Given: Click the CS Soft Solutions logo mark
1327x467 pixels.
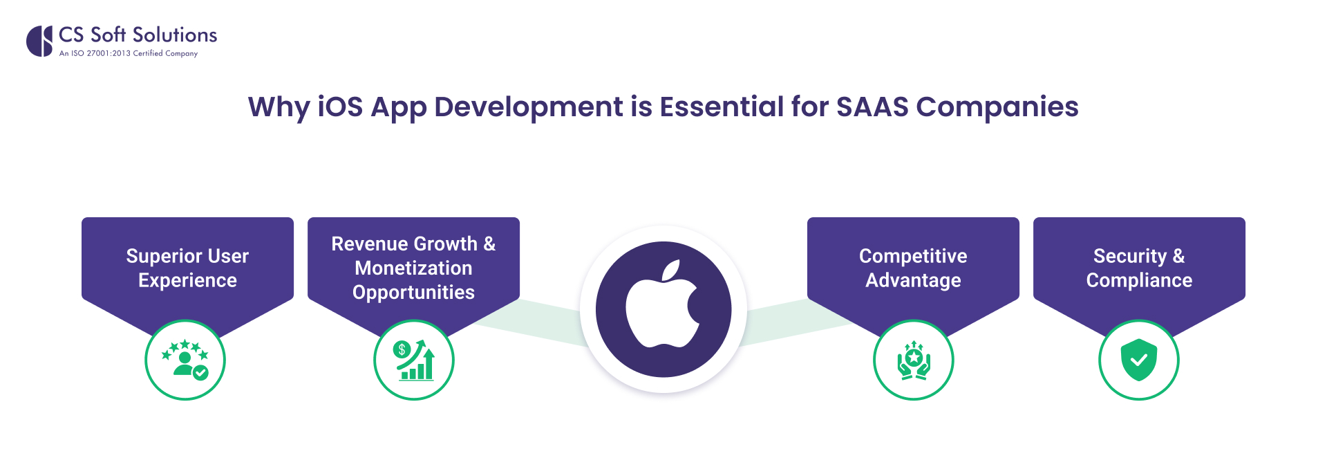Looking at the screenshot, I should (39, 42).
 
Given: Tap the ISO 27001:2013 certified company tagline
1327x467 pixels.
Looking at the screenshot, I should (129, 53).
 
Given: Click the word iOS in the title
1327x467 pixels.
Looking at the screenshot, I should (340, 107).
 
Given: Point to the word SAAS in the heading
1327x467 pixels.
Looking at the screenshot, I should (872, 107).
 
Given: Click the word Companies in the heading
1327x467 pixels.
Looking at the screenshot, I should (997, 107).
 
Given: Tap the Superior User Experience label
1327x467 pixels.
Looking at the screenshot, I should (187, 268).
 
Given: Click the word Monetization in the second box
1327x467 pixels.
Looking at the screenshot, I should (413, 268).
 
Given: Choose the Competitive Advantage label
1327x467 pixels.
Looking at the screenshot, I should (913, 268).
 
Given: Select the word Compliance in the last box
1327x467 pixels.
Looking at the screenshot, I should (1139, 280).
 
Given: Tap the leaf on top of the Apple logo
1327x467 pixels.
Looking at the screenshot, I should (671, 270).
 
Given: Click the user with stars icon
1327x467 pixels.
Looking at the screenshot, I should (185, 360).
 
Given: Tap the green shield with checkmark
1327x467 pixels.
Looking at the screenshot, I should (1139, 360).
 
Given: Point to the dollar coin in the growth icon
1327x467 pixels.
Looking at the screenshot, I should (402, 349).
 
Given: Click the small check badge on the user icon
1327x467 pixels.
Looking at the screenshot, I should (200, 373).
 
